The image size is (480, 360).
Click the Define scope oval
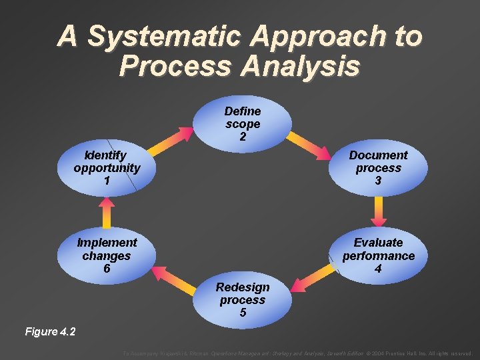point(243,123)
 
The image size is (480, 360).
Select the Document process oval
point(378,168)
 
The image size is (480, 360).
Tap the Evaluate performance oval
point(378,255)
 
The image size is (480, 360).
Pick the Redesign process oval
point(243,300)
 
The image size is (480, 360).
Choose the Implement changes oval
point(107,255)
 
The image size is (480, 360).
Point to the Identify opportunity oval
point(107,168)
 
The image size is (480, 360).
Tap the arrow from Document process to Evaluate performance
point(378,212)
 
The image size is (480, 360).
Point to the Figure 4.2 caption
point(50,331)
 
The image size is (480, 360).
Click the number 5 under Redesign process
point(243,313)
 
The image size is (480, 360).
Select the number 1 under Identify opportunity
point(107,181)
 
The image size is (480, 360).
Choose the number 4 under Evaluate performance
point(378,269)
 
